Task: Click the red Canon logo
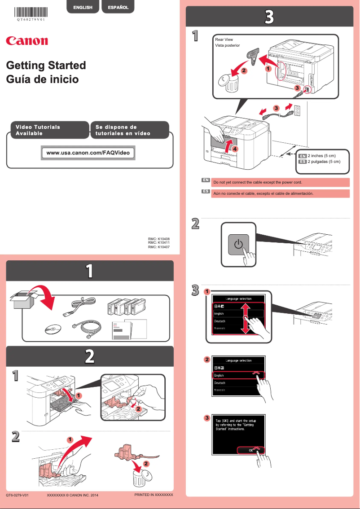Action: [26, 41]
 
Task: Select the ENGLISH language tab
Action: [83, 7]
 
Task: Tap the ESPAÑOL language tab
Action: [118, 7]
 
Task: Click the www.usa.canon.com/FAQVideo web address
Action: [88, 153]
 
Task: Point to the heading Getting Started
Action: [46, 65]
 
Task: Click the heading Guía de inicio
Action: [42, 79]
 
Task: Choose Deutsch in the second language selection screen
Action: [220, 383]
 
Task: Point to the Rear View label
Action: [224, 39]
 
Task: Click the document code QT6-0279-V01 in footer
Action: [18, 495]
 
